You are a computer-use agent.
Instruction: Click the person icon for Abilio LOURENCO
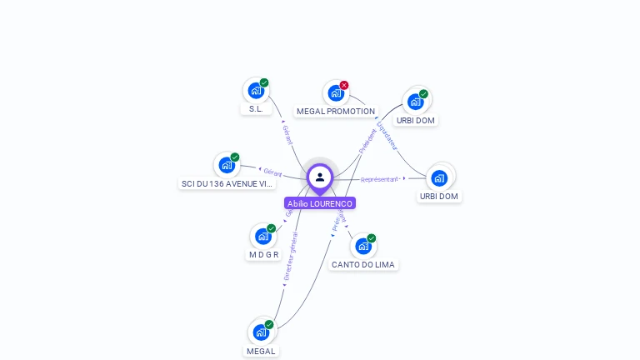click(320, 177)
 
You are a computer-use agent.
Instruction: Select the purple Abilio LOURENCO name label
click(320, 203)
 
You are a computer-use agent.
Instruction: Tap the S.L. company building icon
click(255, 90)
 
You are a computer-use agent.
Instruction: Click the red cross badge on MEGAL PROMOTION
click(344, 85)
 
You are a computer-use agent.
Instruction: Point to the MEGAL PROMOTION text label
click(336, 111)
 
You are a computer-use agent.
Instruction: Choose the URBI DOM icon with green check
click(415, 102)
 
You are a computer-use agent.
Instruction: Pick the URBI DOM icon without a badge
click(439, 177)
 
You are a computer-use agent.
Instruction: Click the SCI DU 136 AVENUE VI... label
click(227, 183)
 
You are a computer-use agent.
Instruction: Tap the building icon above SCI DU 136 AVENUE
click(226, 165)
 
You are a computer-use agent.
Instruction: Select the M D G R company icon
click(262, 236)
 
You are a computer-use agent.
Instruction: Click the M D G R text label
click(263, 255)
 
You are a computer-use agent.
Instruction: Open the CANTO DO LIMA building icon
click(362, 246)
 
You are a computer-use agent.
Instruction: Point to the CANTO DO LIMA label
click(363, 264)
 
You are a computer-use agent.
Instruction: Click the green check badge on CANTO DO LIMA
click(372, 238)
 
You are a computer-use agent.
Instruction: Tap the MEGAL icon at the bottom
click(261, 332)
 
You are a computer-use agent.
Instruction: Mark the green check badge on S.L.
click(264, 82)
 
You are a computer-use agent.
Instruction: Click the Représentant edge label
click(380, 179)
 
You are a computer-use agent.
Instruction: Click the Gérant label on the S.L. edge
click(287, 134)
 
